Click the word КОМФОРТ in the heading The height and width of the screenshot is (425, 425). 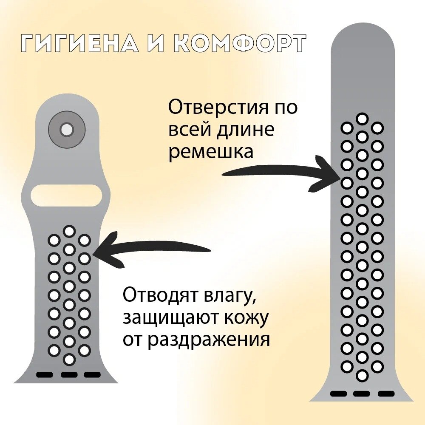[x=240, y=44]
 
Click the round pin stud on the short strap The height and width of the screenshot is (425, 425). [x=67, y=130]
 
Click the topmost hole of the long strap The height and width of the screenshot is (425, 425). [x=362, y=119]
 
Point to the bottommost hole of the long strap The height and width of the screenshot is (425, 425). [x=362, y=376]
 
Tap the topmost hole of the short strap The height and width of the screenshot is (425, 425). [x=69, y=231]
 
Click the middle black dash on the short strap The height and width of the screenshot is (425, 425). [x=69, y=375]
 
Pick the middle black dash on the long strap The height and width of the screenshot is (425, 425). [x=362, y=394]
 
